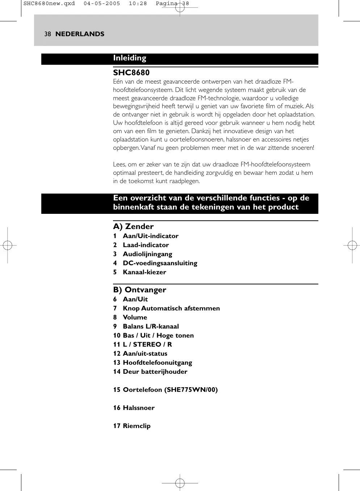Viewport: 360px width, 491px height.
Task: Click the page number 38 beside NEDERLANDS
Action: pos(47,34)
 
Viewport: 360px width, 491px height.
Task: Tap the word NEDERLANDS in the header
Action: pos(80,34)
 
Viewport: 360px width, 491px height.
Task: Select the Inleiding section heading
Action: pos(130,58)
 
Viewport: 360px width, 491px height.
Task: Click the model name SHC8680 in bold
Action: pos(131,73)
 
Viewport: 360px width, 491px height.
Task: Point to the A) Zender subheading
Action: pos(133,227)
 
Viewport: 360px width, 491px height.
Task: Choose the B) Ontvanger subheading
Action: pos(139,290)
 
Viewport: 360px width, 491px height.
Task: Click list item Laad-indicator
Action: pos(146,245)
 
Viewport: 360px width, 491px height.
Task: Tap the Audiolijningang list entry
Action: pos(147,254)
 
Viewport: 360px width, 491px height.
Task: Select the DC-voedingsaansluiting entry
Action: pos(160,263)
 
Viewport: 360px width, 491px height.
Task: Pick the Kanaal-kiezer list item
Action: pos(144,272)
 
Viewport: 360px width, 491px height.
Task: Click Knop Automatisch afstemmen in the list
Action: pos(171,308)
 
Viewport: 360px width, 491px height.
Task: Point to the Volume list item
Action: pos(135,317)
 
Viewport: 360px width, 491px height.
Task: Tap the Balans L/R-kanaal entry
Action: pos(151,326)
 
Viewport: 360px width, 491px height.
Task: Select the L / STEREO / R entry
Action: pos(147,344)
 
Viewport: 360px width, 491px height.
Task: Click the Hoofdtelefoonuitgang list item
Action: pos(157,363)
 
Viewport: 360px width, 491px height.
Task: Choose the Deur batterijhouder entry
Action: pos(155,372)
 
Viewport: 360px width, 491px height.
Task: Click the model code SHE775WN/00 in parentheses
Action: pos(191,390)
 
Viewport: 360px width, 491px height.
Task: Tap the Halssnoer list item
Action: pos(138,408)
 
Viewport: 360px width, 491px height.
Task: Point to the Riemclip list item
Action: pos(137,426)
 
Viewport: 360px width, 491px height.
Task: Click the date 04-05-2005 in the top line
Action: pos(102,4)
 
